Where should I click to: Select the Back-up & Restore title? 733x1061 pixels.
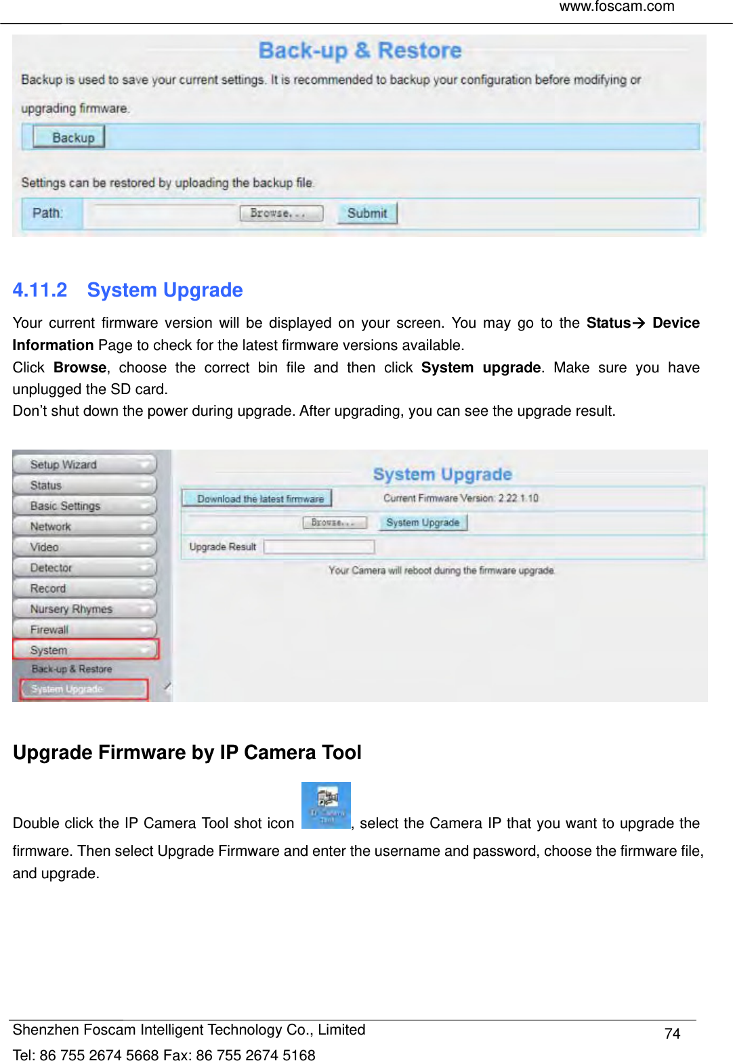coord(360,51)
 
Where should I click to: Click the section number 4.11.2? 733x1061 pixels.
coord(40,290)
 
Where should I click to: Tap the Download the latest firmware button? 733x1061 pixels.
coord(257,499)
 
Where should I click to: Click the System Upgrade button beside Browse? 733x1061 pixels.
coord(423,523)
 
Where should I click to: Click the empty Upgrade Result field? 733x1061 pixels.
coord(319,546)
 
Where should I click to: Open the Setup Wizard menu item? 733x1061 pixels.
coord(85,464)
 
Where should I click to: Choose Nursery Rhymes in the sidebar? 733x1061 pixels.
coord(85,609)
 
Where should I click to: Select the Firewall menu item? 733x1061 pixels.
coord(85,630)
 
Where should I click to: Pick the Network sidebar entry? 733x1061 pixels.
coord(85,526)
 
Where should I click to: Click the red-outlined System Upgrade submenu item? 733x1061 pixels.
coord(83,689)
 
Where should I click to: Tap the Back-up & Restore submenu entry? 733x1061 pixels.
coord(72,669)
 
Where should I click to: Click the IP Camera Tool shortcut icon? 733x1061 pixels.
coord(326,805)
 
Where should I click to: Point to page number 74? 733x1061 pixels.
coord(672,1034)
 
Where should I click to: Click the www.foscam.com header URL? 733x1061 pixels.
coord(616,7)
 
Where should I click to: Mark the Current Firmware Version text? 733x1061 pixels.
coord(461,498)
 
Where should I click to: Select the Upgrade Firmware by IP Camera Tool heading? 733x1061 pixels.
coord(187,753)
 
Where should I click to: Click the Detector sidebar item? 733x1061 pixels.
coord(85,567)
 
